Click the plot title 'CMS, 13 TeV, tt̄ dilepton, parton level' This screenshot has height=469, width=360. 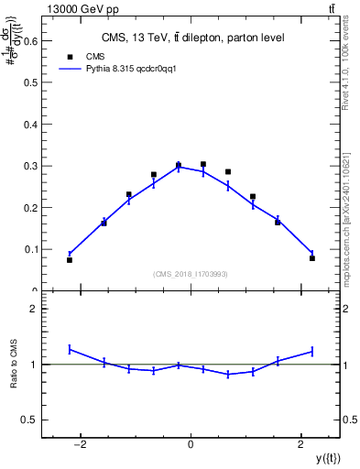191,38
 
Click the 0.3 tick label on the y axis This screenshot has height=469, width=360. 29,166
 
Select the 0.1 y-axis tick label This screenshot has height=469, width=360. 29,249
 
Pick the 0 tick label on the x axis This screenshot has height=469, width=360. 191,446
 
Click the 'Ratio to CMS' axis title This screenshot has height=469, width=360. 14,364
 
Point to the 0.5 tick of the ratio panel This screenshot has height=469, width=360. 27,420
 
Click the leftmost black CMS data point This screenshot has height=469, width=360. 70,260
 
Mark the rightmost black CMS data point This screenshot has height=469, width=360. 312,258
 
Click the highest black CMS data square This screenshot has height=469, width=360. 203,165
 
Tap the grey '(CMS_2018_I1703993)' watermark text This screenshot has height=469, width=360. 191,274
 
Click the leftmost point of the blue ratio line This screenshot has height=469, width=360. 70,349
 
